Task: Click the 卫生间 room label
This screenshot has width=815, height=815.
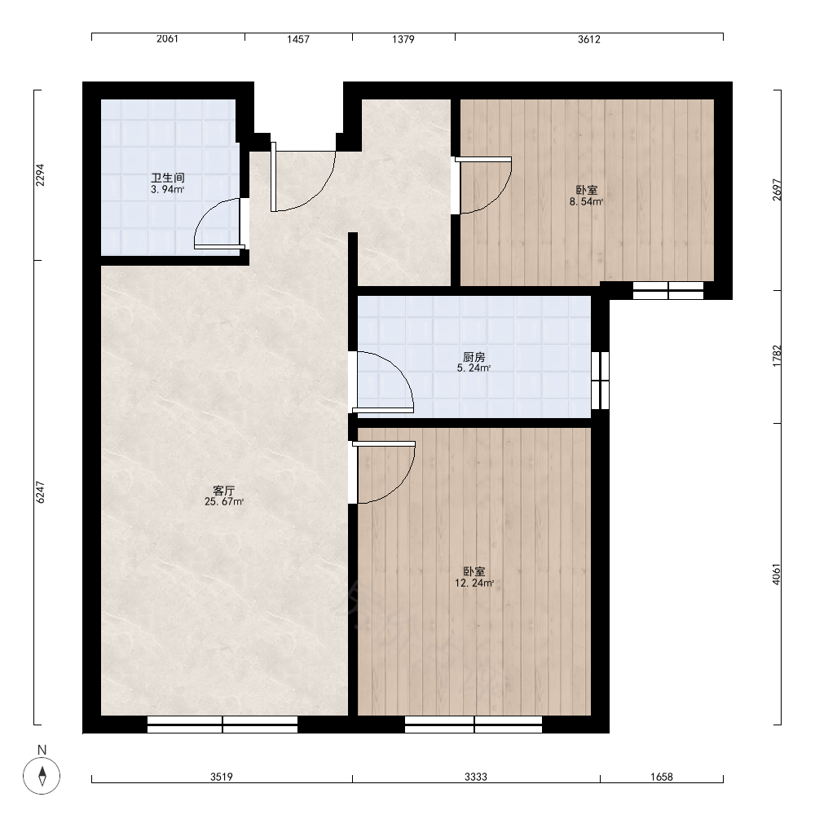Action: [167, 178]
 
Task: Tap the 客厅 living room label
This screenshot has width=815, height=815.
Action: [224, 490]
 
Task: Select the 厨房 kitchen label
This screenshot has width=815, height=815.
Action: [474, 357]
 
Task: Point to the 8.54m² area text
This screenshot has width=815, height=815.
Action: [586, 201]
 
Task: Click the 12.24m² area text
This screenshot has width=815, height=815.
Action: [474, 584]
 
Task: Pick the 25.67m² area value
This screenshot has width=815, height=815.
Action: [224, 501]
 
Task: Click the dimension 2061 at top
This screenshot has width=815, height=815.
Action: [167, 38]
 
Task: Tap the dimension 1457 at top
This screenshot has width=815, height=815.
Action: [298, 39]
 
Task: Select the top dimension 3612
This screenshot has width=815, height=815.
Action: [589, 39]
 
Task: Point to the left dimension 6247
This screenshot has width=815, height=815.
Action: [41, 492]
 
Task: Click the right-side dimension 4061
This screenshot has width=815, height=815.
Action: [777, 575]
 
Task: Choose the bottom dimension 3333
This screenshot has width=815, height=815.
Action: [476, 777]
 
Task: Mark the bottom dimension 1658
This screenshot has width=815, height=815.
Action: [662, 777]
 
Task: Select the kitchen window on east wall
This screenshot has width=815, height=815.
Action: [601, 381]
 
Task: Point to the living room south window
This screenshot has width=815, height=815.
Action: [222, 725]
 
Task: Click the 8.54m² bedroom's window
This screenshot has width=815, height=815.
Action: [668, 291]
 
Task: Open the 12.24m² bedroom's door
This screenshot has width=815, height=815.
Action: [384, 471]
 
